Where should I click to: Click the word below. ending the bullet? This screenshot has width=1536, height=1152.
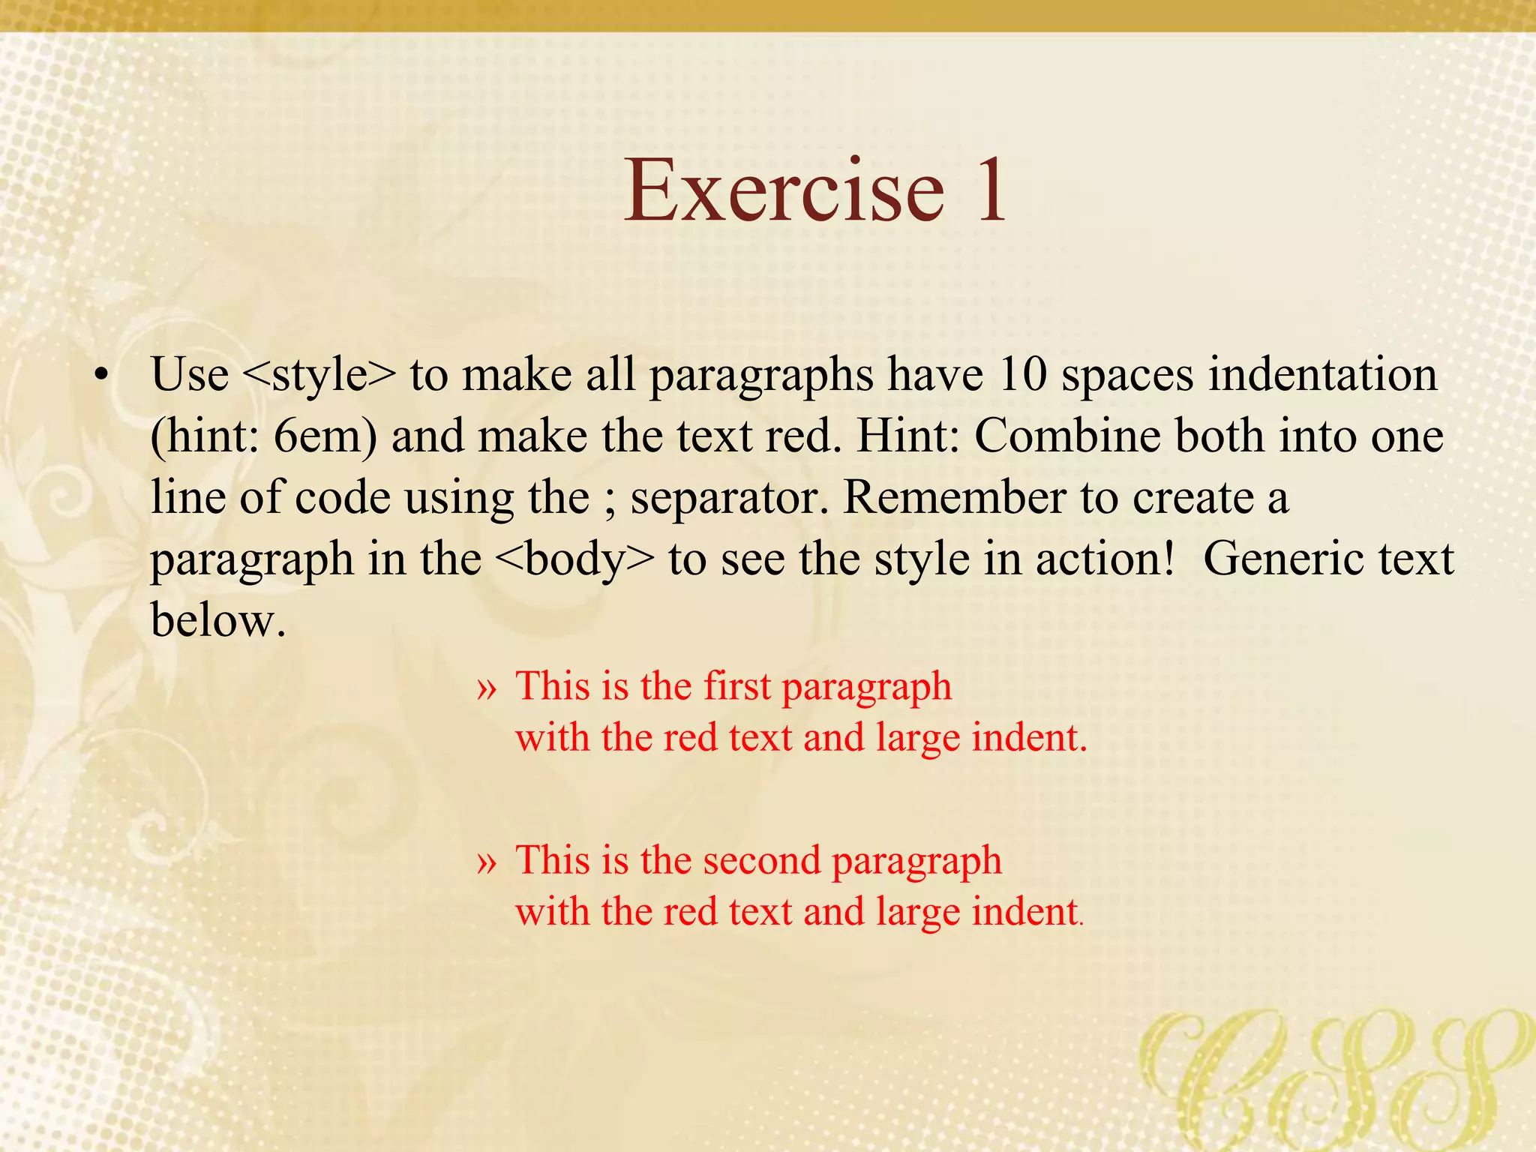tap(218, 620)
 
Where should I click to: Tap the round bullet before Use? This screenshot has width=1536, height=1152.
tap(102, 374)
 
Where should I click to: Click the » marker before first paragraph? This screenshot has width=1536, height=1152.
tap(487, 688)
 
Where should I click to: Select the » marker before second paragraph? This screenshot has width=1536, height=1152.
tap(487, 862)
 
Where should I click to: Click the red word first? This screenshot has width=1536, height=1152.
tap(737, 685)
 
